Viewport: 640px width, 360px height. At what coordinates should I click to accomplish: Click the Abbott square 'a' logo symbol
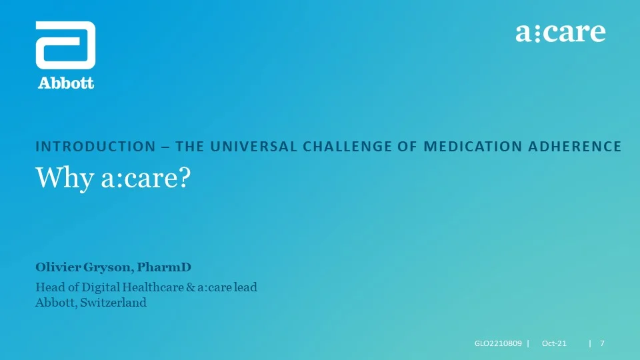point(66,45)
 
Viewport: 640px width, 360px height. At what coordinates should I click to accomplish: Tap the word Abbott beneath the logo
point(66,83)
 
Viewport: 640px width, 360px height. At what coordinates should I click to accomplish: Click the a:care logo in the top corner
point(561,32)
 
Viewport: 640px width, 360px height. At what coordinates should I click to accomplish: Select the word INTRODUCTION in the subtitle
point(95,146)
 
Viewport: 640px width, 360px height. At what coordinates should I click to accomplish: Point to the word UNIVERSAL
point(253,146)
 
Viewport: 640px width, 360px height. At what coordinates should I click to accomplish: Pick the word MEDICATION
point(473,146)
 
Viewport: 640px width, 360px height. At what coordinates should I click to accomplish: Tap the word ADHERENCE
point(575,146)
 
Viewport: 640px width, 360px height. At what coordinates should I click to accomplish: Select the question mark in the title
point(185,177)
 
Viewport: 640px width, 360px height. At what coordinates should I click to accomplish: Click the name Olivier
point(58,267)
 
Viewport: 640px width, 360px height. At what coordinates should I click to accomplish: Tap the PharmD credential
point(164,267)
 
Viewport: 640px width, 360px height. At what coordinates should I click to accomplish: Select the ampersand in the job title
point(191,287)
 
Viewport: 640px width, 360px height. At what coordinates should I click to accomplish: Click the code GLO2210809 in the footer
point(498,343)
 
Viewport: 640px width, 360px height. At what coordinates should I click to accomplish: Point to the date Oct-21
point(554,343)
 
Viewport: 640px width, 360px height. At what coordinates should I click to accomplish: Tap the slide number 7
point(602,343)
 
